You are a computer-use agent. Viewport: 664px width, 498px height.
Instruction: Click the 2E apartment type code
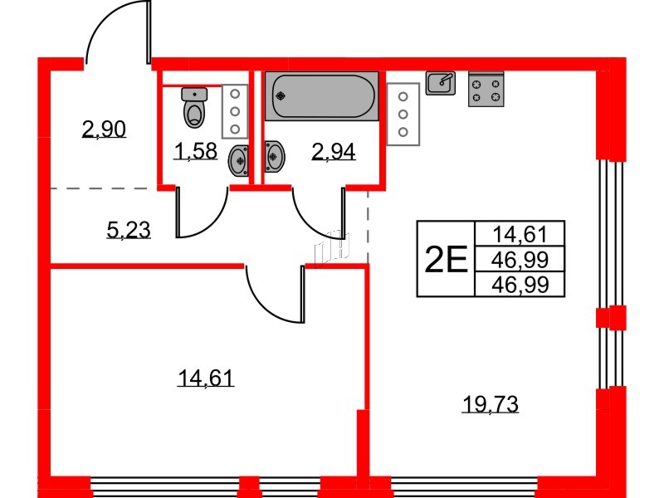445,260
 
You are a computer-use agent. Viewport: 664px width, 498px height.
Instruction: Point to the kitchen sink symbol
441,82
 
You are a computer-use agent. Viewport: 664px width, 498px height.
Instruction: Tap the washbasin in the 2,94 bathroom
274,154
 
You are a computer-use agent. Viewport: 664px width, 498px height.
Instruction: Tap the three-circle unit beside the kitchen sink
403,114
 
